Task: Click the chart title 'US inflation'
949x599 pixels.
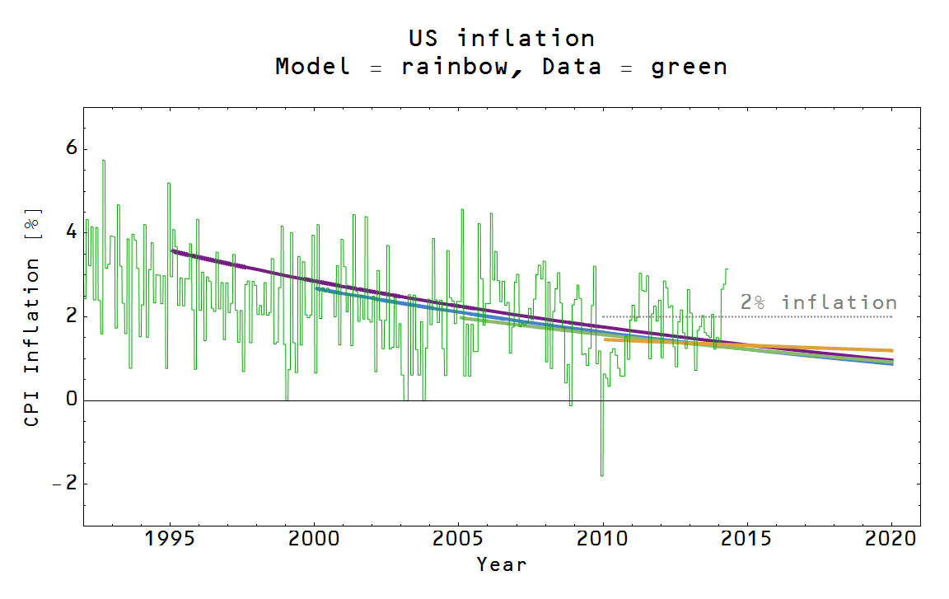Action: (x=501, y=38)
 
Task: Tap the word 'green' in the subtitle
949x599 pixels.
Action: (x=689, y=67)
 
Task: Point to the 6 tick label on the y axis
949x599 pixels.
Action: (x=71, y=148)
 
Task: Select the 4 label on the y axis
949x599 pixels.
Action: (x=71, y=232)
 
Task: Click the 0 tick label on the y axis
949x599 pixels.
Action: (x=71, y=400)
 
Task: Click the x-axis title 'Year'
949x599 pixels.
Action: (x=501, y=565)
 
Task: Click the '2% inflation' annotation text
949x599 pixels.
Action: (x=818, y=302)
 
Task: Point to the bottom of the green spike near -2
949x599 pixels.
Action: (x=601, y=475)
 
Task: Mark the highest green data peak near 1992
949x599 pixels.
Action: (x=103, y=161)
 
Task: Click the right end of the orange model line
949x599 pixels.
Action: (x=892, y=350)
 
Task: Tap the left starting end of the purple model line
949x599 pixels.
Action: (x=171, y=250)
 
